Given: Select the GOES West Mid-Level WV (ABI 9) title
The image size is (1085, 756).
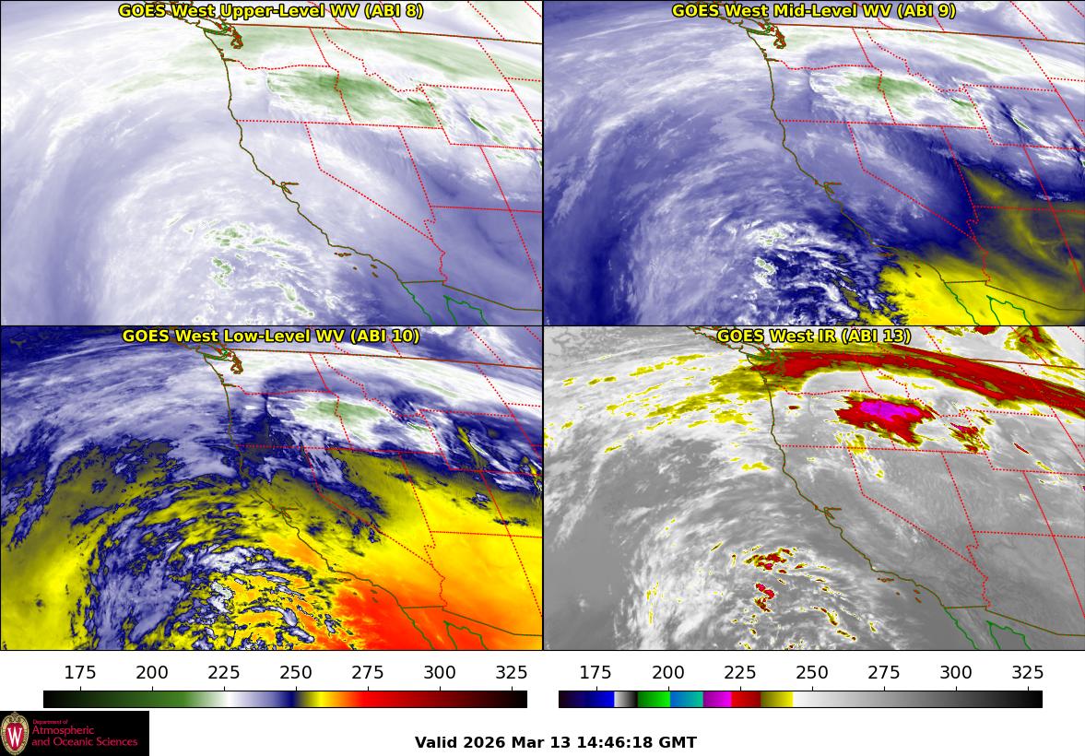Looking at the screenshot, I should (813, 11).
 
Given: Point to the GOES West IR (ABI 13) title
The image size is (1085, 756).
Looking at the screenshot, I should (813, 337).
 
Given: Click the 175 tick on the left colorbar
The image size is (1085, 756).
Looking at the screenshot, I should (81, 672).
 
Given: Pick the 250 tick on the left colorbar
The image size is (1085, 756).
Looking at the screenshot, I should (296, 672).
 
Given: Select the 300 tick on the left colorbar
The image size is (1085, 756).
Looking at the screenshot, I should (440, 672).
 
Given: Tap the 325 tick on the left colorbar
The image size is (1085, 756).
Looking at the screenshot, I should (512, 672).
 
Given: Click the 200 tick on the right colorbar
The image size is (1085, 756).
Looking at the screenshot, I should (668, 672).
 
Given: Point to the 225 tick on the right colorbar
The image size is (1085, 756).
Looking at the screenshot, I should (740, 672).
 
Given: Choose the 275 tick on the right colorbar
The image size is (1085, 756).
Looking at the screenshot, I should (883, 672).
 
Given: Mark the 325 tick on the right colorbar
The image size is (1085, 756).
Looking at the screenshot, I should (1027, 672).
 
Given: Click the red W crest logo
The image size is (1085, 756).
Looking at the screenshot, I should (15, 734).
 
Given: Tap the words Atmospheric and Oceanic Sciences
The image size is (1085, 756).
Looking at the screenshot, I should (85, 736).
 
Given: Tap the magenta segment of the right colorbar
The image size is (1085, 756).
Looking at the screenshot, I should (717, 699).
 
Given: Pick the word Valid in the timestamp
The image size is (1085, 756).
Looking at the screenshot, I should (433, 742).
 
